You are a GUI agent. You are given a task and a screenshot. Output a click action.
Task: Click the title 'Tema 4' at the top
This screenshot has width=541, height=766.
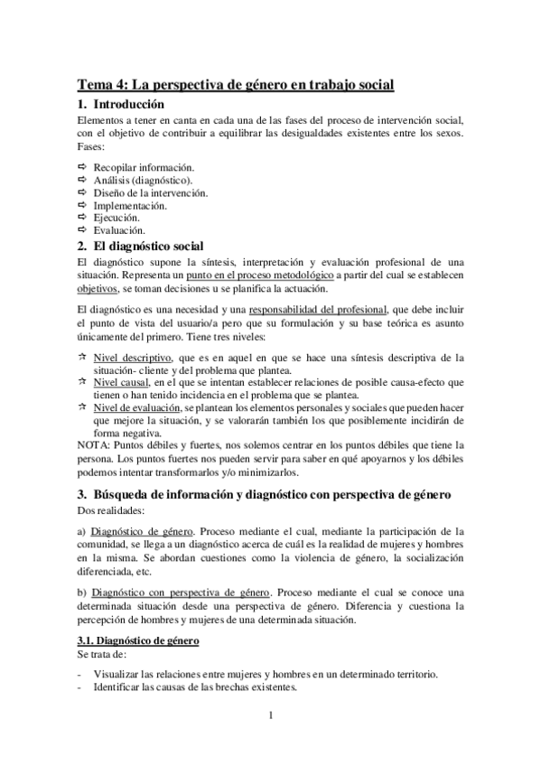235,86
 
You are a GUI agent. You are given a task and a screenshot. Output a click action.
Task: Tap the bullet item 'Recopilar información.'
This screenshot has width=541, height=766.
145,167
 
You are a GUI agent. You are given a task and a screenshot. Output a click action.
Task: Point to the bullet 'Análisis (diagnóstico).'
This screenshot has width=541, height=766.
143,180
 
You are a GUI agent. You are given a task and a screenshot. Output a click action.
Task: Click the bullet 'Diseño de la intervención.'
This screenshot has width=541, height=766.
151,192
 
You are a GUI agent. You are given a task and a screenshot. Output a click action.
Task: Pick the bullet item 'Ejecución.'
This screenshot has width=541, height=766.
117,218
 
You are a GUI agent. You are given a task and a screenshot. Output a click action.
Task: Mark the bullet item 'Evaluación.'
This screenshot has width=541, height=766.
120,230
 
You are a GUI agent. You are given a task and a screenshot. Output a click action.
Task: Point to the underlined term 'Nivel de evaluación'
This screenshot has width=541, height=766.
137,408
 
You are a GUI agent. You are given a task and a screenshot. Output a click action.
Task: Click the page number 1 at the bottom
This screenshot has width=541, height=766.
270,716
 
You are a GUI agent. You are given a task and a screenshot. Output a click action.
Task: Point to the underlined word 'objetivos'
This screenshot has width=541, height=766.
98,288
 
